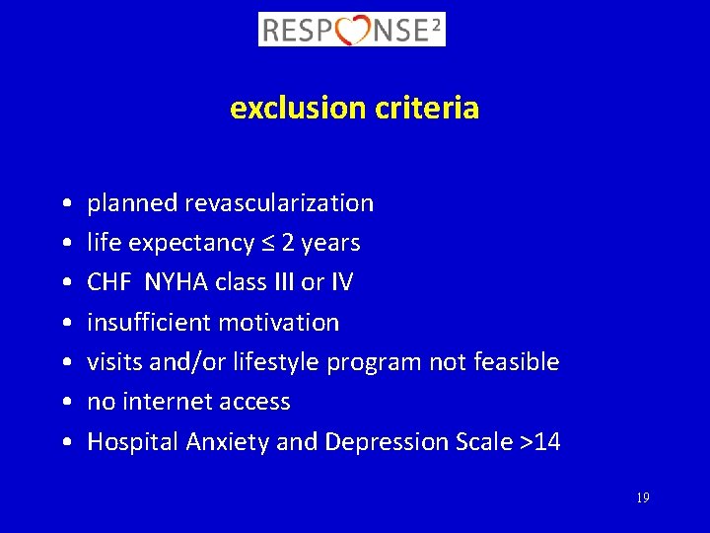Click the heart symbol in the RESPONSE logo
click(353, 30)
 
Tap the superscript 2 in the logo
click(436, 24)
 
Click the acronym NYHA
click(174, 282)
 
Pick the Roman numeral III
click(282, 282)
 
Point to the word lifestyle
click(275, 362)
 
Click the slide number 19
click(642, 498)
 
